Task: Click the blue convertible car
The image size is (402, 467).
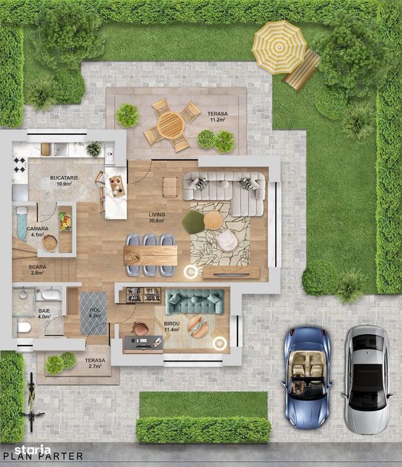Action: (x=307, y=378)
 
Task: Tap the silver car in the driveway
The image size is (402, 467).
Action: (x=367, y=380)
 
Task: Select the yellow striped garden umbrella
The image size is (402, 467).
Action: (x=279, y=47)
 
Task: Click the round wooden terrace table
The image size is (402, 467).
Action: (x=171, y=125)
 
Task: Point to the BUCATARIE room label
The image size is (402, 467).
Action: (x=64, y=178)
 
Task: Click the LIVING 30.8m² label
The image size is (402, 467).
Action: (x=157, y=217)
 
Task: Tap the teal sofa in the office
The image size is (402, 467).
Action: (x=195, y=301)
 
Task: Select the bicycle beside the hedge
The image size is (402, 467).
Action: (x=31, y=402)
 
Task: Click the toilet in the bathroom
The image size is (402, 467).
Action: (x=24, y=328)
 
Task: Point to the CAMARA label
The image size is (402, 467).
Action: (x=37, y=229)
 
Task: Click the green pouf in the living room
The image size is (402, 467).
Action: (x=193, y=222)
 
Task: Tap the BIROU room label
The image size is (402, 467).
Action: (x=172, y=324)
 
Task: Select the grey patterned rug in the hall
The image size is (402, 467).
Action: (x=93, y=314)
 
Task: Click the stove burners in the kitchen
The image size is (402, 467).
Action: (x=19, y=165)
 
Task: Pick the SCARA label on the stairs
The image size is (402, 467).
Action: (x=37, y=267)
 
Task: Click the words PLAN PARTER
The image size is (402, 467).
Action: (x=43, y=456)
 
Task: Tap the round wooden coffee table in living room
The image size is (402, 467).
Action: (x=213, y=220)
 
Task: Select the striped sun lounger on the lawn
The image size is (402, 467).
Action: (x=301, y=70)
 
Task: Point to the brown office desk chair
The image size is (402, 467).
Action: (x=140, y=329)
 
